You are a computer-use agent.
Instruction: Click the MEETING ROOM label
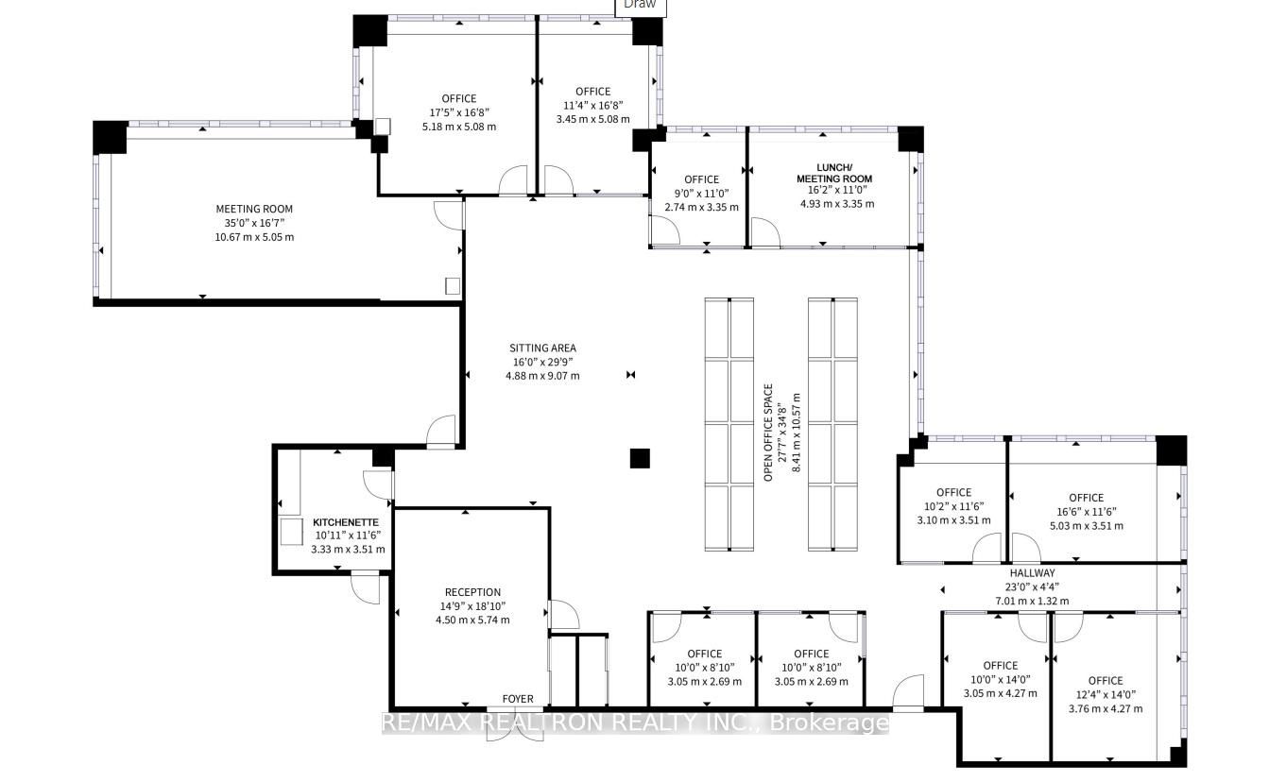(254, 209)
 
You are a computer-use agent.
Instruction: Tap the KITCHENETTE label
(346, 522)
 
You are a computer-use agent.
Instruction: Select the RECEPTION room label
(472, 592)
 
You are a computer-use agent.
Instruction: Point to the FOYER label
(518, 699)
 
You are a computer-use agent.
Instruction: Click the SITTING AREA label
(542, 348)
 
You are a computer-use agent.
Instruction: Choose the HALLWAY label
(1032, 573)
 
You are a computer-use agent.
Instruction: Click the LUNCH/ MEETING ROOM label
(834, 173)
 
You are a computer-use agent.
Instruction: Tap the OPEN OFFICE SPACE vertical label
(768, 433)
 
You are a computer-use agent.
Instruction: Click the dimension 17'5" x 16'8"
(459, 112)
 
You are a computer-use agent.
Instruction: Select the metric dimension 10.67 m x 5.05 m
(254, 237)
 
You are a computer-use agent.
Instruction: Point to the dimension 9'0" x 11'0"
(702, 193)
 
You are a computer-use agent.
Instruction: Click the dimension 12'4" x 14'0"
(1106, 695)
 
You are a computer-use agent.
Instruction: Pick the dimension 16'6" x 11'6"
(1087, 512)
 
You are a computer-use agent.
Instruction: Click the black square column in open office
(640, 458)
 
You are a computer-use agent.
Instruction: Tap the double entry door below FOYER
(515, 724)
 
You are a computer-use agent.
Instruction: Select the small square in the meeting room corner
(453, 286)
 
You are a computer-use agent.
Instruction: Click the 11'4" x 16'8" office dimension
(593, 106)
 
